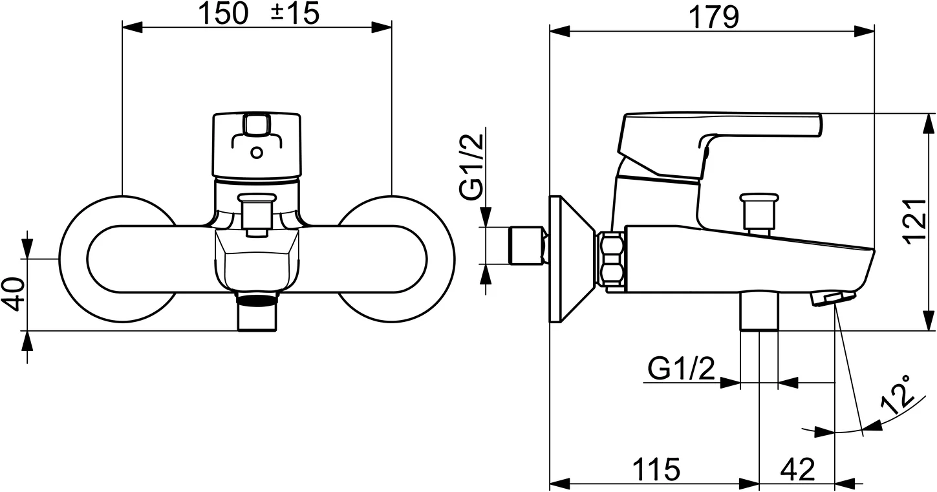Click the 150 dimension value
click(x=222, y=14)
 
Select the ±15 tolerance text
click(x=295, y=14)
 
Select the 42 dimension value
click(x=797, y=469)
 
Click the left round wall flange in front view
click(x=75, y=259)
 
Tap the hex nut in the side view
click(x=611, y=259)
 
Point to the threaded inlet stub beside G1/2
click(x=527, y=246)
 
